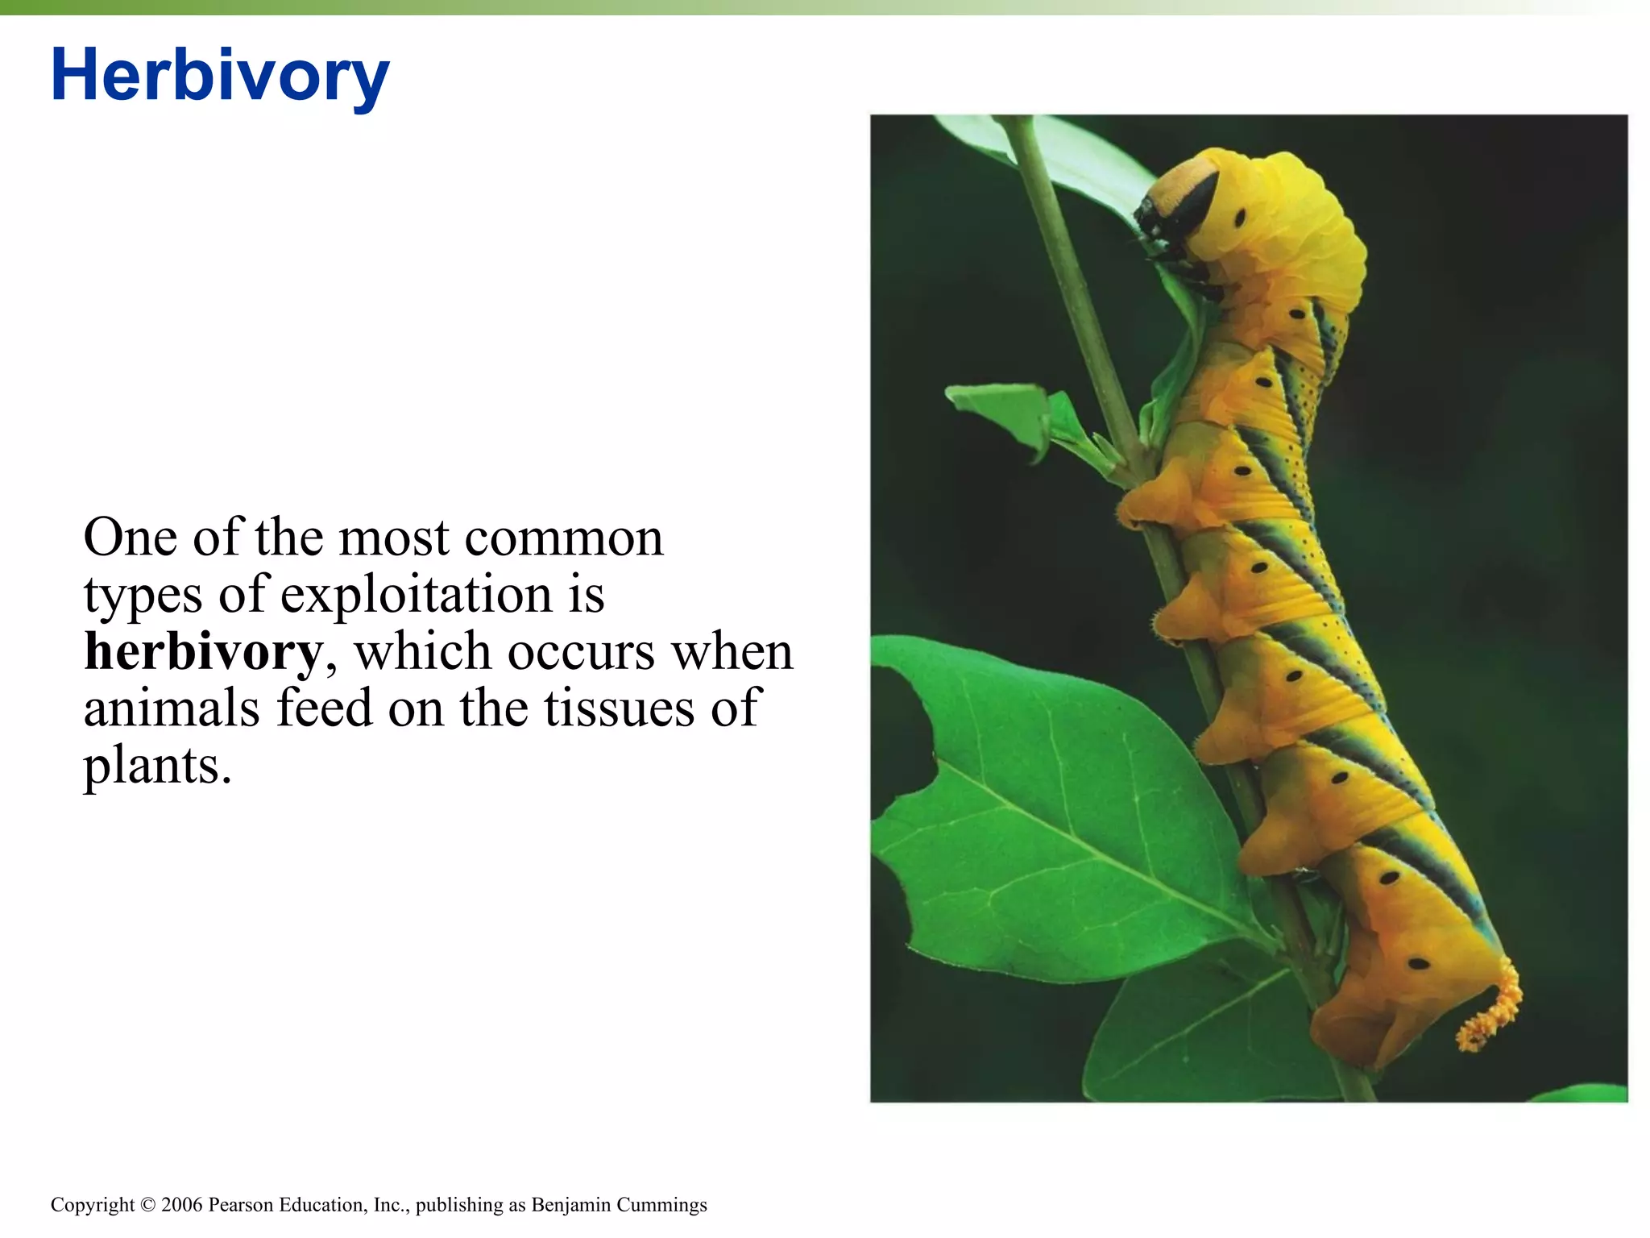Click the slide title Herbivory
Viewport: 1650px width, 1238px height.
pyautogui.click(x=219, y=75)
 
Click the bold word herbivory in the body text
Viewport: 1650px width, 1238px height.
pyautogui.click(x=203, y=651)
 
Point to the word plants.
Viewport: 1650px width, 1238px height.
pyautogui.click(x=157, y=766)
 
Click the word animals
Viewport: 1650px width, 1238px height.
pyautogui.click(x=172, y=708)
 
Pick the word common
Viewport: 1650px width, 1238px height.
pyautogui.click(x=564, y=538)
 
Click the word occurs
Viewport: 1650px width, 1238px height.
pyautogui.click(x=581, y=651)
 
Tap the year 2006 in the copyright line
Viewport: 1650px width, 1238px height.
pyautogui.click(x=182, y=1204)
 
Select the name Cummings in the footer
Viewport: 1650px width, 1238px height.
pyautogui.click(x=661, y=1204)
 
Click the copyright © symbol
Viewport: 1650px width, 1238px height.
pyautogui.click(x=147, y=1204)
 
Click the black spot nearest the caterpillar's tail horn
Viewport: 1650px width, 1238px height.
pyautogui.click(x=1418, y=963)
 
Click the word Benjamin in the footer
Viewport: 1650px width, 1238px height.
pyautogui.click(x=570, y=1204)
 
